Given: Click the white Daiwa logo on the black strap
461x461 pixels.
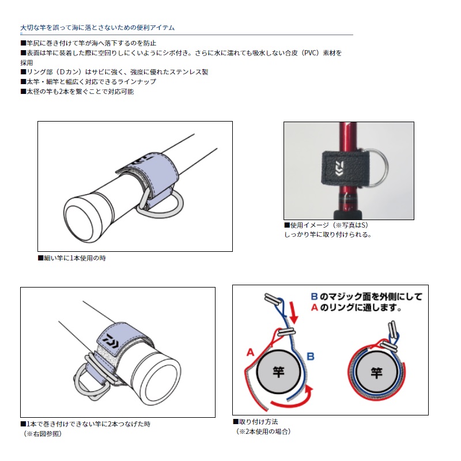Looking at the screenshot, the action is click(340, 168).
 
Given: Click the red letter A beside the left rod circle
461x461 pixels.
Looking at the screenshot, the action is click(250, 352).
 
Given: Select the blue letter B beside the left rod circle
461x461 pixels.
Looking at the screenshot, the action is click(311, 356).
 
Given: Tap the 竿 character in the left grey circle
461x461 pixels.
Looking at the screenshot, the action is click(278, 372).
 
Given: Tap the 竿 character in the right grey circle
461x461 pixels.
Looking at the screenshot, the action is click(377, 373).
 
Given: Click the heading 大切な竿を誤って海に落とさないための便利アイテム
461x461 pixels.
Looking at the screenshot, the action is click(97, 28).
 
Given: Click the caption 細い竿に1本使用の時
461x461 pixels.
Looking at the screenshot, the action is click(72, 258).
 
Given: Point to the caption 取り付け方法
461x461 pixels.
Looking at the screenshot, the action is click(255, 422).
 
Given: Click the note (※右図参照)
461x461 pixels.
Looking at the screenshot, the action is click(43, 434).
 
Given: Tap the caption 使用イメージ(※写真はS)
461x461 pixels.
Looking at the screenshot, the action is click(326, 225).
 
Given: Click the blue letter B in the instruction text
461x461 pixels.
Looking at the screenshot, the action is click(314, 296).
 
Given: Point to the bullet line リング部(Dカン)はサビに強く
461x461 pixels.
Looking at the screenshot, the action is click(114, 72).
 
